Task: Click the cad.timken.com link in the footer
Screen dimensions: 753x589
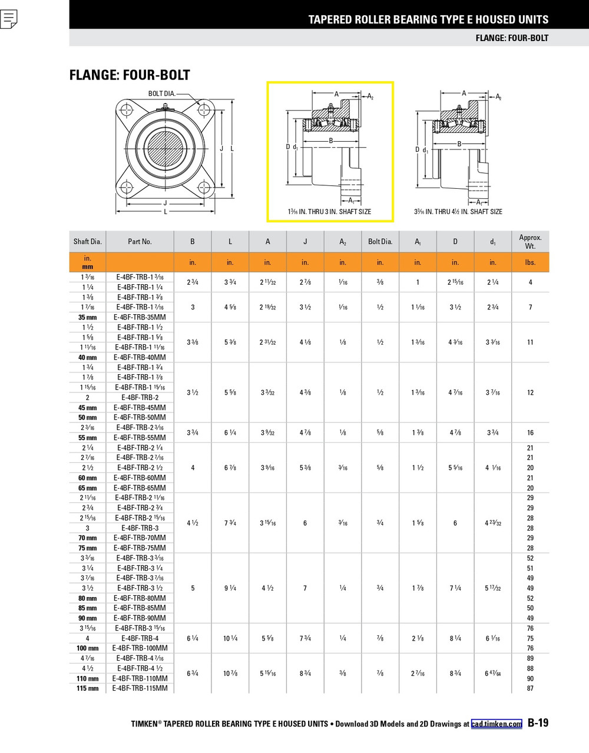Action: pos(496,724)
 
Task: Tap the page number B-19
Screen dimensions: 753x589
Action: pos(538,723)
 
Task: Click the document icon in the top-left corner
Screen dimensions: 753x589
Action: pos(9,19)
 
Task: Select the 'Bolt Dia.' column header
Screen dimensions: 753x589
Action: pos(380,242)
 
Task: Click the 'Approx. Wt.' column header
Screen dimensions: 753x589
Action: pos(530,242)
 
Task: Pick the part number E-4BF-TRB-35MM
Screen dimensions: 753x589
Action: pos(140,317)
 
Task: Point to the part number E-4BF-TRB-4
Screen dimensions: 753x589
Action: pos(140,638)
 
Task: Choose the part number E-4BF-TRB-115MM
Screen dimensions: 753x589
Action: pos(140,688)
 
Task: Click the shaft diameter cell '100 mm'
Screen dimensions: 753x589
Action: pos(88,648)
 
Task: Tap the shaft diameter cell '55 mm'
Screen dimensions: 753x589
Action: pos(88,438)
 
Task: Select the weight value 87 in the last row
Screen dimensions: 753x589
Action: pos(530,688)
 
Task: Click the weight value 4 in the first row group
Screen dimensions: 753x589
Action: pos(530,282)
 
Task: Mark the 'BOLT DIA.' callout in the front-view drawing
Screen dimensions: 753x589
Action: pos(161,94)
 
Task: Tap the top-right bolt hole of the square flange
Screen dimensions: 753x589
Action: pos(204,110)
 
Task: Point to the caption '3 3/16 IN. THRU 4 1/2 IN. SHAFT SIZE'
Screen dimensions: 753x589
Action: pos(458,212)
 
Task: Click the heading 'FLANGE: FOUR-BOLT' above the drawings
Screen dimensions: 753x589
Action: pos(130,75)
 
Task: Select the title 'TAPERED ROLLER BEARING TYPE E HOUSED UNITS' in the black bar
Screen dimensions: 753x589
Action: pos(428,19)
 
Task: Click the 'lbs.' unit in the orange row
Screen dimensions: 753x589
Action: pos(530,262)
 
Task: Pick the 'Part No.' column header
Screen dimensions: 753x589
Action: pos(140,242)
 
